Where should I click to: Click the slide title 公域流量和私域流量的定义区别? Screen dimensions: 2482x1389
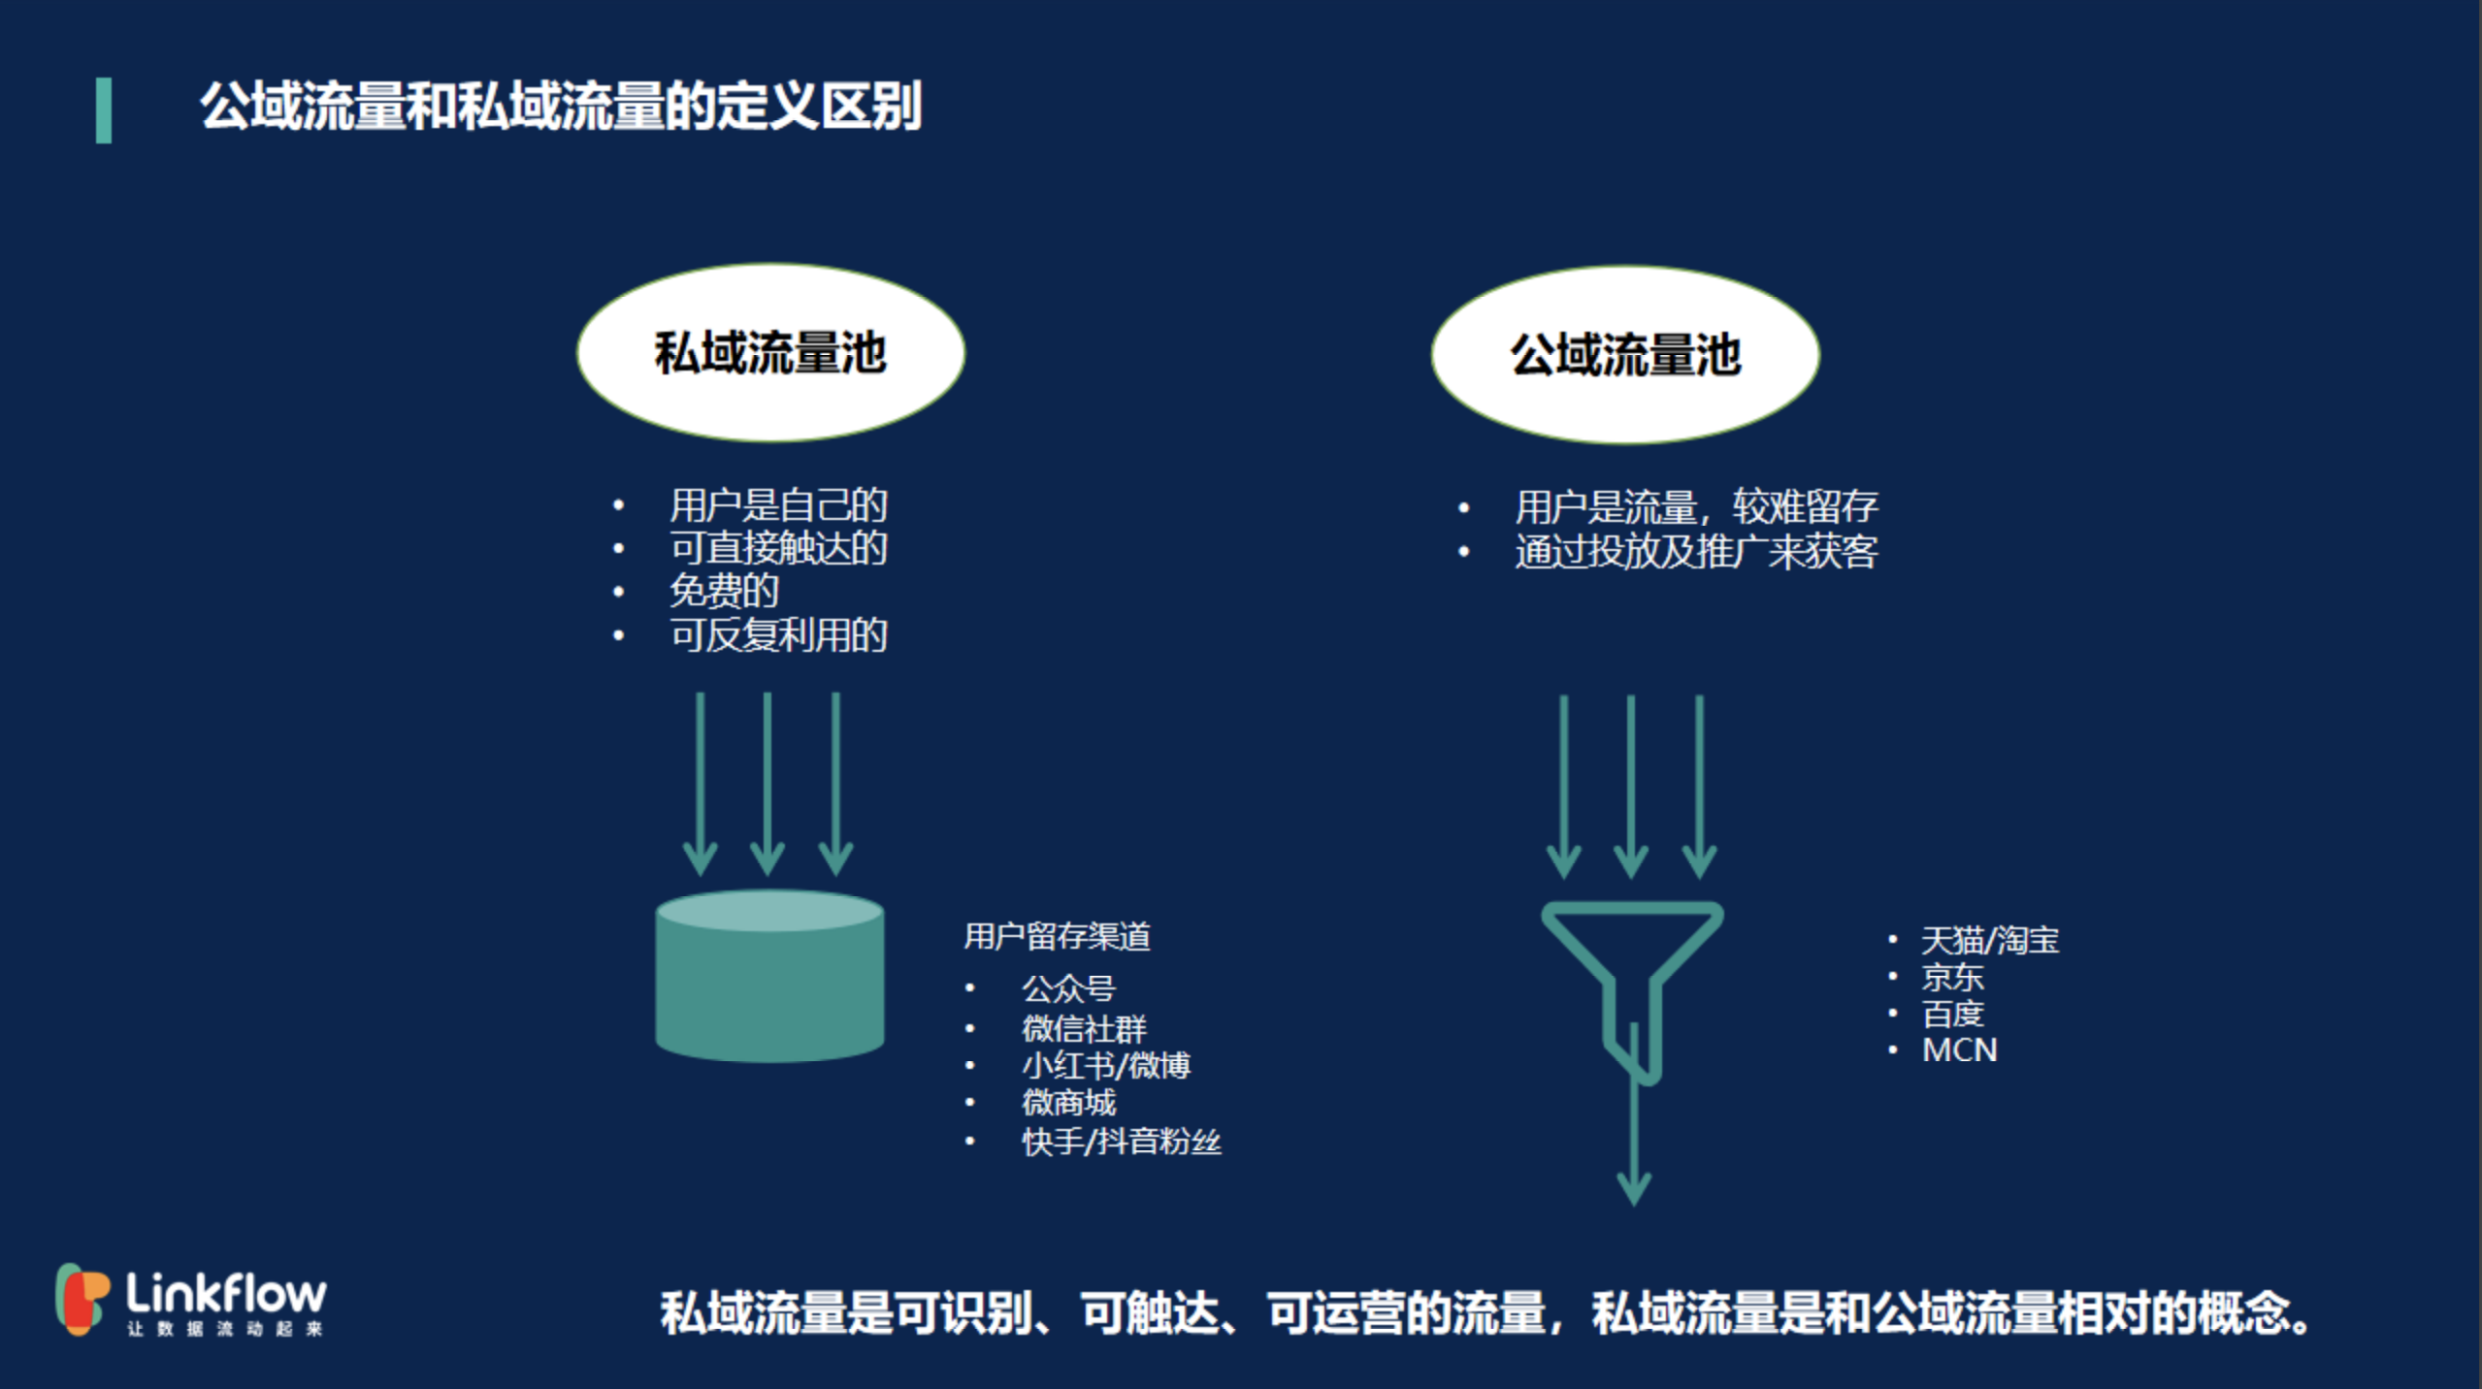(x=561, y=106)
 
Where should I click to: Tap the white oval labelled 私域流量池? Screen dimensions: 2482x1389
(x=771, y=353)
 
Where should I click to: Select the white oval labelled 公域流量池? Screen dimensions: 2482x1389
(x=1625, y=355)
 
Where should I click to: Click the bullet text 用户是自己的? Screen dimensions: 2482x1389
(x=778, y=505)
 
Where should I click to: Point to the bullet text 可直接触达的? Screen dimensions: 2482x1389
(x=778, y=548)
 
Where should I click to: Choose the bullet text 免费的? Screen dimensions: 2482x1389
(x=724, y=592)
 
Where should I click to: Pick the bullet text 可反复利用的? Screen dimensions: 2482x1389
(x=778, y=635)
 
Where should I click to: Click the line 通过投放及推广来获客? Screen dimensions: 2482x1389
(x=1696, y=552)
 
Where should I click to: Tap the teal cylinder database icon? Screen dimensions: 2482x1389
(x=770, y=976)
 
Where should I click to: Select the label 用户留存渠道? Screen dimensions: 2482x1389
(x=1057, y=936)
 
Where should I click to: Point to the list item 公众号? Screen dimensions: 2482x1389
(x=1068, y=988)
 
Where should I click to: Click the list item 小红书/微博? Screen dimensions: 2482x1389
(x=1106, y=1065)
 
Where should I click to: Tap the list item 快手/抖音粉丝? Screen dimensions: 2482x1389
(x=1122, y=1142)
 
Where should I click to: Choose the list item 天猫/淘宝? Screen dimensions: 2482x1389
(x=1990, y=940)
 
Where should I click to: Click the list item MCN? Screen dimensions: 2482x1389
(x=1960, y=1050)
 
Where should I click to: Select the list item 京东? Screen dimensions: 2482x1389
(x=1953, y=977)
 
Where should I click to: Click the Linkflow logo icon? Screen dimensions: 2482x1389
(x=82, y=1299)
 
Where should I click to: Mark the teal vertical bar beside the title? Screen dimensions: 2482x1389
(x=104, y=111)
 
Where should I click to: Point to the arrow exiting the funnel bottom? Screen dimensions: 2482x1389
(x=1635, y=1114)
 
